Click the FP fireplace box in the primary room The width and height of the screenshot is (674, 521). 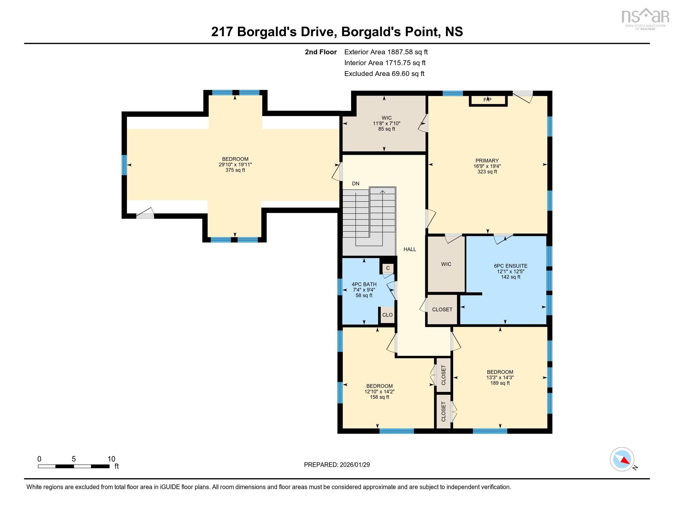tap(488, 100)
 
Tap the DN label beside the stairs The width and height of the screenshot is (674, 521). tap(355, 184)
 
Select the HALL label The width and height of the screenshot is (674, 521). tap(410, 249)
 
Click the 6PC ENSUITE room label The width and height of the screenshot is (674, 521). tap(510, 266)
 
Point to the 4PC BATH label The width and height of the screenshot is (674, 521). tap(364, 285)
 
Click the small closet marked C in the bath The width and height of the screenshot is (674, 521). tap(388, 268)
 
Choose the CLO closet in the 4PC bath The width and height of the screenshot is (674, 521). tap(387, 315)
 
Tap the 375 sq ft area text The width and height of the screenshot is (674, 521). tap(235, 170)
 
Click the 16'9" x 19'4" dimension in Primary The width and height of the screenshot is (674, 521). tap(487, 166)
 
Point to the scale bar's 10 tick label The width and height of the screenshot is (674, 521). tap(112, 459)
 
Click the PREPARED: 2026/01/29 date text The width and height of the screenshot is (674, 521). tap(337, 465)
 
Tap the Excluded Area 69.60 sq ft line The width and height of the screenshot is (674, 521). tap(384, 74)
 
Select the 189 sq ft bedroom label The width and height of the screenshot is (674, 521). tap(500, 383)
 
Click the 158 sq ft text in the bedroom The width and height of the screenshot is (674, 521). tap(379, 397)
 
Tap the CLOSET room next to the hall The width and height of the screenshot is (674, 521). tap(442, 310)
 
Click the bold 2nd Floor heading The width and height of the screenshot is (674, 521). tap(321, 52)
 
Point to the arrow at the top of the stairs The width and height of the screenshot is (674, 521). tap(383, 192)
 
